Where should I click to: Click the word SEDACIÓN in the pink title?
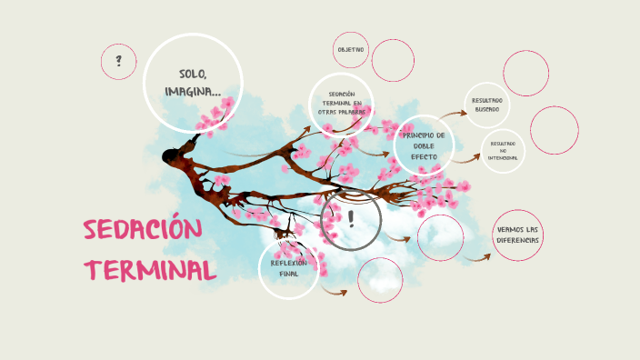(x=141, y=230)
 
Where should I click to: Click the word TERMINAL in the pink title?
(x=151, y=270)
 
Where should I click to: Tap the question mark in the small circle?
(x=118, y=62)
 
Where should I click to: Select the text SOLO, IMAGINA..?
(x=193, y=82)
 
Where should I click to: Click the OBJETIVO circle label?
(x=351, y=49)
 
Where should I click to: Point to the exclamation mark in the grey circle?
(x=351, y=218)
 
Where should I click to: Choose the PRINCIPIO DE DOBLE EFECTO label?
(x=424, y=145)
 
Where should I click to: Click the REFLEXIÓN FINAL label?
(x=288, y=268)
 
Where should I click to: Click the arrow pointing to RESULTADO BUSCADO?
(x=454, y=115)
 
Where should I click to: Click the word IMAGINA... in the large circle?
(x=193, y=91)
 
